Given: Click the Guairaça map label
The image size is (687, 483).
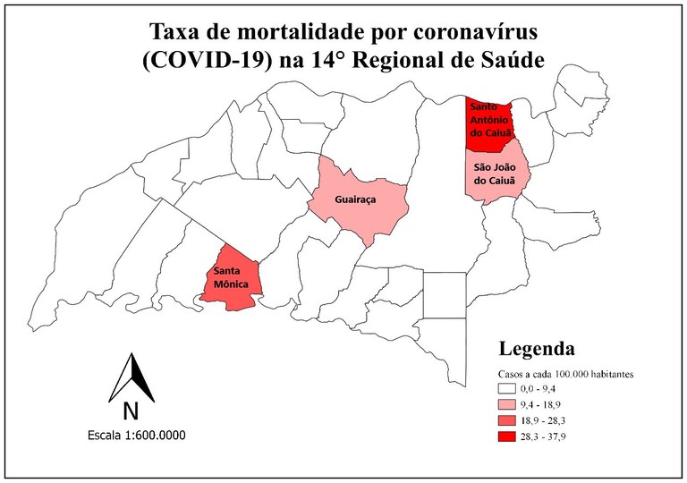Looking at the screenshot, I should [x=354, y=200].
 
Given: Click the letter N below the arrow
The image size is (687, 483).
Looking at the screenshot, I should [x=131, y=411].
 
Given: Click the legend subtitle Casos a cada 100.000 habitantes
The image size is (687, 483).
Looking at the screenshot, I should [x=566, y=374].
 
